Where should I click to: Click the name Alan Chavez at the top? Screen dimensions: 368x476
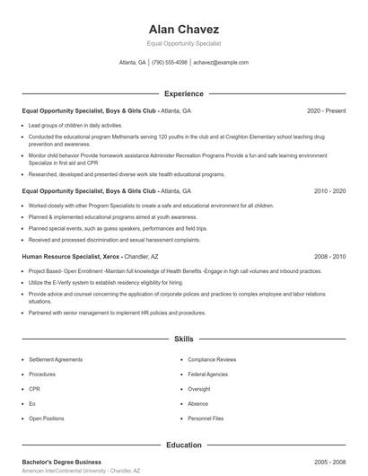[x=184, y=29]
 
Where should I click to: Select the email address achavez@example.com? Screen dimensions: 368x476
[x=221, y=63]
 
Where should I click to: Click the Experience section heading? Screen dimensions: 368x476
[x=184, y=93]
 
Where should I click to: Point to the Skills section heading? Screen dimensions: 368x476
[x=184, y=339]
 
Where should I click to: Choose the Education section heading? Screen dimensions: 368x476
[x=184, y=445]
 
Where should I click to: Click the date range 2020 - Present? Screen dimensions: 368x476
[x=326, y=110]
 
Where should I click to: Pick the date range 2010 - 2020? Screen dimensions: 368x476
[x=329, y=191]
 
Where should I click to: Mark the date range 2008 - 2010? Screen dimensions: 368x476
[x=329, y=256]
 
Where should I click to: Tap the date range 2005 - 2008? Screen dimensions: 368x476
[x=329, y=462]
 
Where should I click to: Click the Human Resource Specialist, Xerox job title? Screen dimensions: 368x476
[x=72, y=256]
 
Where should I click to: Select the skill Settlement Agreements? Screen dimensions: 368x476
[x=55, y=359]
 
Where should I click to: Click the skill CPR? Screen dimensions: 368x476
[x=34, y=389]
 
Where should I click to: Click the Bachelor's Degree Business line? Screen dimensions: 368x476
[x=63, y=462]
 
